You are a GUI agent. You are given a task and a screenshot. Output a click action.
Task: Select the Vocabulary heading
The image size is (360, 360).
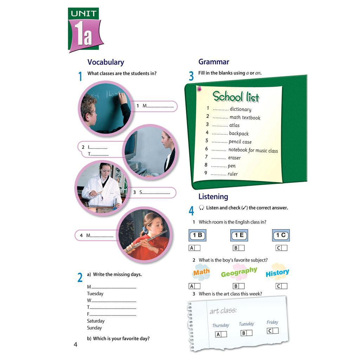click(x=105, y=62)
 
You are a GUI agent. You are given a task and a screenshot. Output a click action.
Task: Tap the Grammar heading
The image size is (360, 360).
click(x=214, y=62)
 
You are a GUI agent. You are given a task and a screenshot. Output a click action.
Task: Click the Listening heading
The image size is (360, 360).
click(x=213, y=197)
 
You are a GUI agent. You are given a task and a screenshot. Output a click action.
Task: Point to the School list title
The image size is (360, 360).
click(x=236, y=97)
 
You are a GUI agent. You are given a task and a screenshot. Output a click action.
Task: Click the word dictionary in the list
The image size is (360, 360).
click(x=240, y=109)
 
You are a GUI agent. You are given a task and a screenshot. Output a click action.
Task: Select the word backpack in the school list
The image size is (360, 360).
click(x=239, y=134)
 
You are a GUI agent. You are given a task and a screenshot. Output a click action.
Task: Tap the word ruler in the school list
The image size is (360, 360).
click(x=233, y=174)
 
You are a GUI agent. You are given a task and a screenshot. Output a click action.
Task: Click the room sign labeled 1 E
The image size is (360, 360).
click(x=239, y=235)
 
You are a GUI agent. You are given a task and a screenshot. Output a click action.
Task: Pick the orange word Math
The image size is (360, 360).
click(x=201, y=272)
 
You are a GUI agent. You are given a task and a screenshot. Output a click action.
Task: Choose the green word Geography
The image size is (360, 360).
click(x=239, y=272)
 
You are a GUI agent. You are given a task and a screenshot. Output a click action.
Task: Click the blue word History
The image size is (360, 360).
click(x=277, y=273)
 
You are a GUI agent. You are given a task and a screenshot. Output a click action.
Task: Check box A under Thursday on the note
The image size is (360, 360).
click(x=224, y=334)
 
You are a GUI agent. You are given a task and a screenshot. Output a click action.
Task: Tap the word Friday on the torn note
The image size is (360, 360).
click(x=272, y=322)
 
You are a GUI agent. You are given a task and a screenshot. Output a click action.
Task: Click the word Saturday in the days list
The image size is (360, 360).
click(x=96, y=321)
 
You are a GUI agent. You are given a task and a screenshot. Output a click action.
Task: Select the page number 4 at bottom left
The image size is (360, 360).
click(x=75, y=345)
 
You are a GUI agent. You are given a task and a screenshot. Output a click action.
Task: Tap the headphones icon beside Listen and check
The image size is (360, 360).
click(x=201, y=208)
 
